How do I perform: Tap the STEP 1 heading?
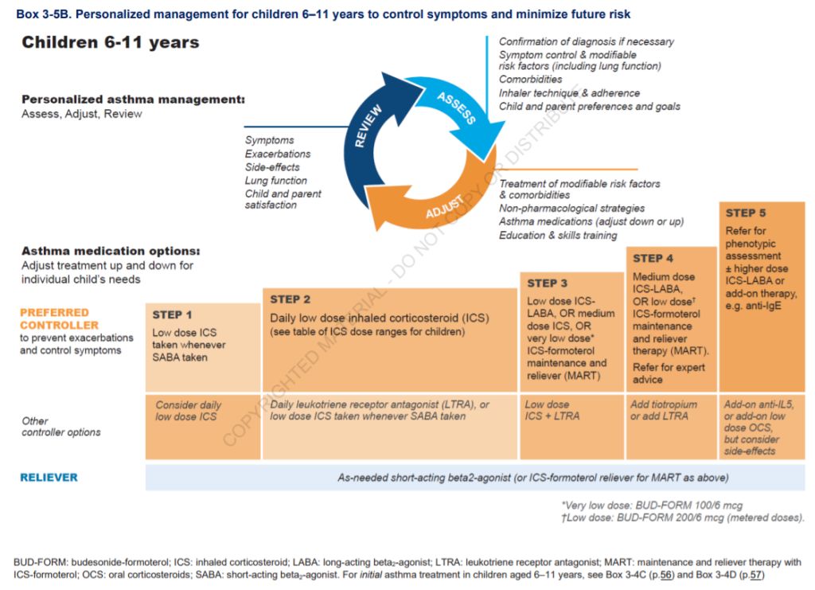173,315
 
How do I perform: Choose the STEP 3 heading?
548,283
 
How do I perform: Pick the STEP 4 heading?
653,258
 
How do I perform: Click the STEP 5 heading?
746,213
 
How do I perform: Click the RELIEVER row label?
49,478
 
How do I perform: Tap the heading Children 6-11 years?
111,42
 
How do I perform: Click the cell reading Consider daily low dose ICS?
189,411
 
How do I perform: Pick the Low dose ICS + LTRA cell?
552,410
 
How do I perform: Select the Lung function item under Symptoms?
276,181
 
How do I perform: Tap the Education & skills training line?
558,236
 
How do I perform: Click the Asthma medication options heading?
111,251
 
